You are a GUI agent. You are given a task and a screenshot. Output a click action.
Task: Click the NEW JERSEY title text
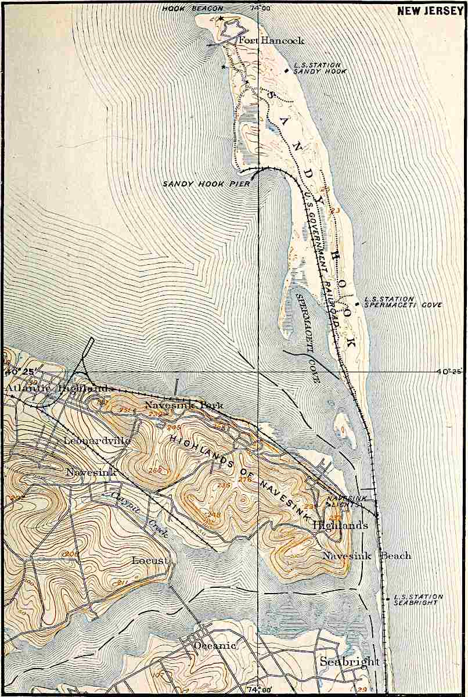tap(430, 10)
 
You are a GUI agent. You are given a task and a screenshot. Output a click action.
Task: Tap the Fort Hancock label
tap(271, 41)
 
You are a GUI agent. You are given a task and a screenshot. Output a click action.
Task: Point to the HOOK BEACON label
tap(185, 8)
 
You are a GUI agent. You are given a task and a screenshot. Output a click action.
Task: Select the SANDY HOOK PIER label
tap(206, 184)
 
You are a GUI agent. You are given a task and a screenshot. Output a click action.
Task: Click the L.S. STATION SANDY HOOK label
tap(316, 68)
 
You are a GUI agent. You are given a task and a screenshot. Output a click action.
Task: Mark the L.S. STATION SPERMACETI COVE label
tap(403, 302)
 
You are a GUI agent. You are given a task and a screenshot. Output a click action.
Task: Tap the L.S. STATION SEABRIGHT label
tap(417, 599)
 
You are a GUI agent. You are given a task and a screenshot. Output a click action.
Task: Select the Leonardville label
tap(97, 440)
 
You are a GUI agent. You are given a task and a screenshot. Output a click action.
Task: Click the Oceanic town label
tap(215, 645)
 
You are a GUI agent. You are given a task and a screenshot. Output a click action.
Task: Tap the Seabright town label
tap(349, 662)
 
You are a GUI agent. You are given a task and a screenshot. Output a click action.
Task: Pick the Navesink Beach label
tap(366, 555)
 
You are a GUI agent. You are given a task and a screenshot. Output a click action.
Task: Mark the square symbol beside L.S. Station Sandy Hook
tap(286, 70)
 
